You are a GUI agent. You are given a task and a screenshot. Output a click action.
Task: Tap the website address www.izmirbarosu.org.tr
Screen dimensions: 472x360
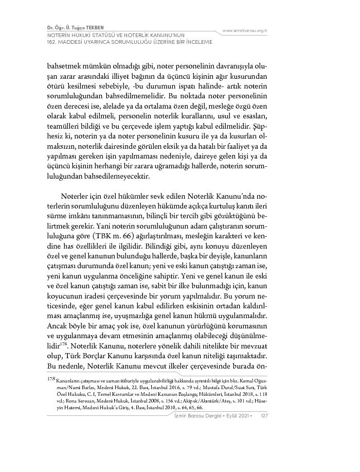[x=245, y=31]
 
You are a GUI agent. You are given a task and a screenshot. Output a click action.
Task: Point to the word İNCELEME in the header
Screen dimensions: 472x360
[x=199, y=42]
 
